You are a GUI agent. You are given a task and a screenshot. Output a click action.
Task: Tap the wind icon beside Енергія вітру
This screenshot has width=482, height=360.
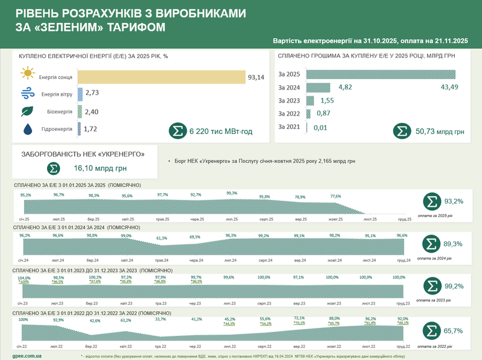click(27, 94)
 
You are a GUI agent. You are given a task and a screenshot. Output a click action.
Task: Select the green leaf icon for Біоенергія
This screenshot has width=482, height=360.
click(27, 112)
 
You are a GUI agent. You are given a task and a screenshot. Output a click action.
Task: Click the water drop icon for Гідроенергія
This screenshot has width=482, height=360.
click(27, 130)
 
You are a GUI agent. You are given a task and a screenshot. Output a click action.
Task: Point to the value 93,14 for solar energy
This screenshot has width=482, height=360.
click(256, 77)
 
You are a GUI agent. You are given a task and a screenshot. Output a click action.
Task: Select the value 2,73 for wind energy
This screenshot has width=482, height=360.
click(92, 93)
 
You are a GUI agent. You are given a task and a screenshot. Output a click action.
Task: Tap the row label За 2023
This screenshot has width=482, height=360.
click(289, 100)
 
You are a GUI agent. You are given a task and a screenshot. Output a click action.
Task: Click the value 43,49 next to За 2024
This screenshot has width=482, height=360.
click(449, 87)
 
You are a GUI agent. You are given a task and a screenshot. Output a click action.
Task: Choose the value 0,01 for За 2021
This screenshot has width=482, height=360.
click(320, 127)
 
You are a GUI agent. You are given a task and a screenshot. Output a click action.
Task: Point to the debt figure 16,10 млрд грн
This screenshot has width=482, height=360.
click(96, 168)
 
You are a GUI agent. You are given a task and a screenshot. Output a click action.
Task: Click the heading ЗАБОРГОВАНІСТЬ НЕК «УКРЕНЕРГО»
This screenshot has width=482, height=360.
click(83, 153)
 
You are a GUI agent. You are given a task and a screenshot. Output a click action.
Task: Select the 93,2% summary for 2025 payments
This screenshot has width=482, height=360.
click(454, 201)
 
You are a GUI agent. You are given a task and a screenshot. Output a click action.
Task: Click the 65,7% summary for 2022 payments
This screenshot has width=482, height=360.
click(454, 332)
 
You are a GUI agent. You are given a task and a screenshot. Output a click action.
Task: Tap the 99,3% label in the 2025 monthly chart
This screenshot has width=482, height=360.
click(232, 193)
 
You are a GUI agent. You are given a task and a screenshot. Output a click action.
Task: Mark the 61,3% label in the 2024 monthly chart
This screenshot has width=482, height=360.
click(162, 238)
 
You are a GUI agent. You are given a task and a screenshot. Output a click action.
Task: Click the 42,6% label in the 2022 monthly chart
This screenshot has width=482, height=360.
click(95, 321)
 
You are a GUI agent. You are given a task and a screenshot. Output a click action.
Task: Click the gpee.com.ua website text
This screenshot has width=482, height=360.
click(27, 356)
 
